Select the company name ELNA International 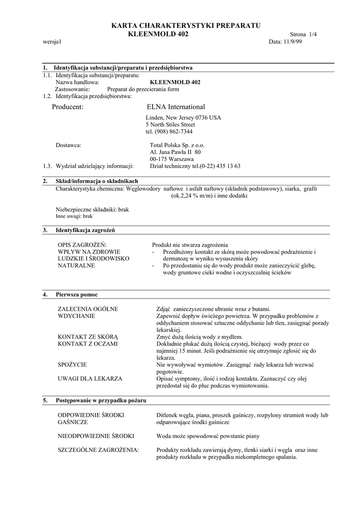(x=176, y=107)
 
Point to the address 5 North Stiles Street (x=171, y=125)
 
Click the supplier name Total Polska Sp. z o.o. (x=174, y=145)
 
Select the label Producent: (x=68, y=107)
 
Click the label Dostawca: (x=68, y=145)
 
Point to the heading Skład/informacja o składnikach (x=96, y=181)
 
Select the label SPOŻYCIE (x=73, y=365)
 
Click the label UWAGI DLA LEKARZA (x=90, y=379)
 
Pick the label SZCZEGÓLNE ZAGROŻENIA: (x=98, y=450)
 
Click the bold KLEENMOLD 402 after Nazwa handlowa (x=175, y=82)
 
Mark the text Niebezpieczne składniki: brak (x=92, y=210)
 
